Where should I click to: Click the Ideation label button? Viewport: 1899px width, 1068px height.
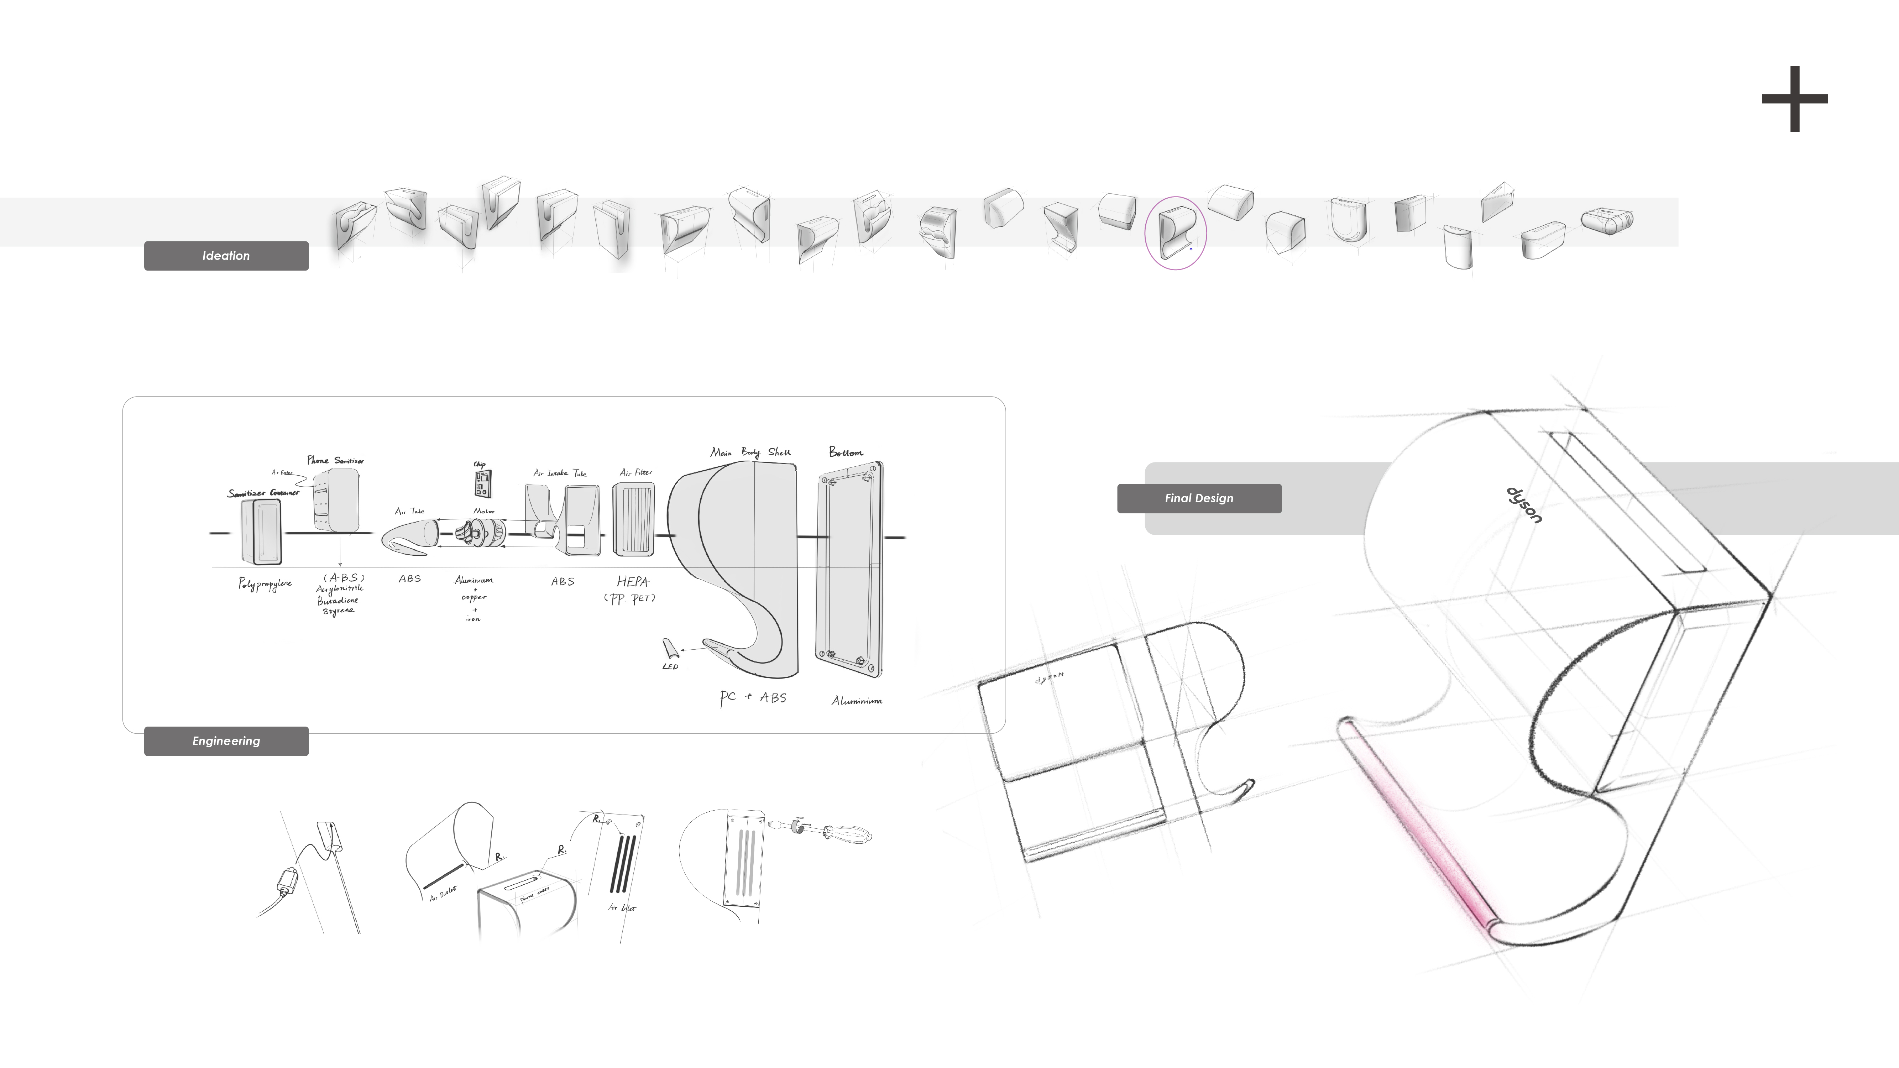[226, 256]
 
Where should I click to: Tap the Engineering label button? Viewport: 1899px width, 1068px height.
[226, 741]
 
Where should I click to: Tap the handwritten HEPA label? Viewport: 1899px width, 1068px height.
[632, 582]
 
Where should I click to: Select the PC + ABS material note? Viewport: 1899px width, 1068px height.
[753, 697]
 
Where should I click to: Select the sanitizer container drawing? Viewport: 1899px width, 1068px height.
[262, 532]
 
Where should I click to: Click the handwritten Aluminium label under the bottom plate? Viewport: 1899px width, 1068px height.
[857, 701]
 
